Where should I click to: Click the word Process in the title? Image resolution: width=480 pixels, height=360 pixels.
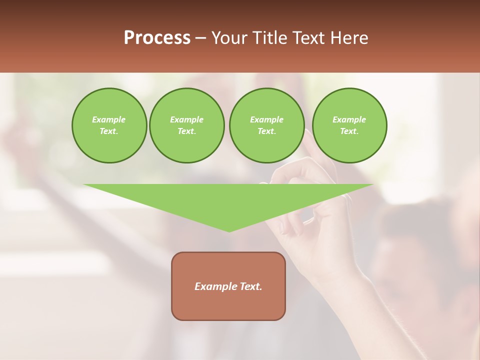(157, 38)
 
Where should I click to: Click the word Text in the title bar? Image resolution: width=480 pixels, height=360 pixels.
(310, 38)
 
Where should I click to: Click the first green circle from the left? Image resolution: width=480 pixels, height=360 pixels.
(109, 125)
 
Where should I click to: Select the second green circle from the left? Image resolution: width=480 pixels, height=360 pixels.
(186, 125)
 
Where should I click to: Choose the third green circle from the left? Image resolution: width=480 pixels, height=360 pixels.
(266, 125)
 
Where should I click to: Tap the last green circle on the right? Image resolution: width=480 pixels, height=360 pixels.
(349, 125)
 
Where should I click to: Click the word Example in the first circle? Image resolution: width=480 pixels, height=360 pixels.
(108, 120)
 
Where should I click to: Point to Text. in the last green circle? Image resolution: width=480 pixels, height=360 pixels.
(349, 131)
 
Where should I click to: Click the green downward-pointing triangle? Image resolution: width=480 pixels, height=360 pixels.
(228, 200)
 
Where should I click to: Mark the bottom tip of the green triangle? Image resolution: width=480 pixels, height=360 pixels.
(229, 230)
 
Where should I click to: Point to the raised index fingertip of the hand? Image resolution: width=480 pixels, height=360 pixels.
(307, 132)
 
